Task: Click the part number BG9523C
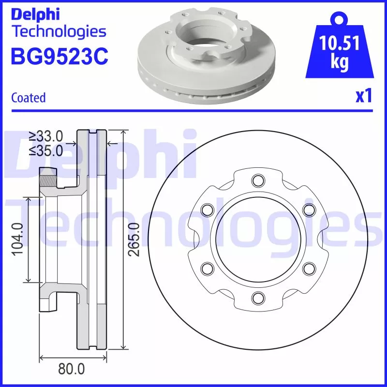pos(59,57)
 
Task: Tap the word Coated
pos(28,98)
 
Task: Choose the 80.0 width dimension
pos(71,369)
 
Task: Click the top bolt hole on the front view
pos(257,181)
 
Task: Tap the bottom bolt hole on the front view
pos(257,297)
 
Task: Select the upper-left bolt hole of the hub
pos(207,210)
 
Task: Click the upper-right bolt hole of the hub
pos(308,210)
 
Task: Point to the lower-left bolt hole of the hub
pos(207,268)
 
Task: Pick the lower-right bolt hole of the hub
pos(308,268)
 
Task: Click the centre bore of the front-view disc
pos(257,239)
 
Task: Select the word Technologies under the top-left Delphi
pos(59,32)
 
